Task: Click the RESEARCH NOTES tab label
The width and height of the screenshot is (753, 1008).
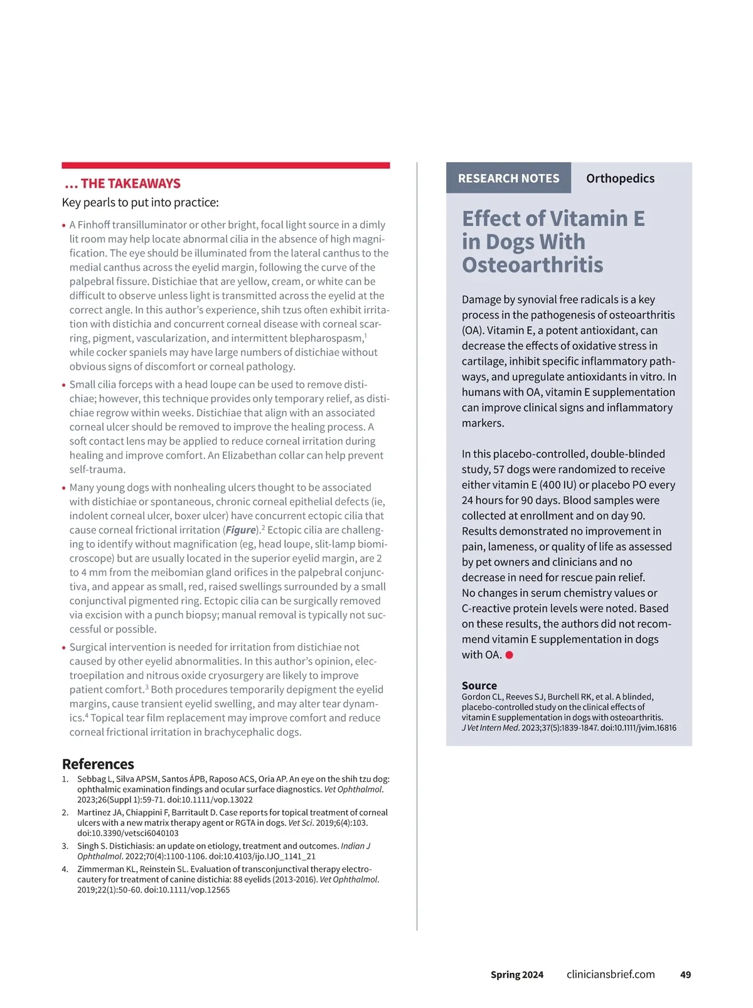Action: (508, 178)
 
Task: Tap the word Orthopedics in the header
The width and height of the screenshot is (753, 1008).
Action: (620, 178)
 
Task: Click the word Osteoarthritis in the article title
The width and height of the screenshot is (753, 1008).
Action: (532, 265)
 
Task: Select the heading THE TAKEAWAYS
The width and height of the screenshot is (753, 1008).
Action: (130, 183)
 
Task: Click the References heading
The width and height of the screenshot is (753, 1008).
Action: (98, 764)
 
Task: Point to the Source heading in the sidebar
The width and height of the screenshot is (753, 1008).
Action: (479, 685)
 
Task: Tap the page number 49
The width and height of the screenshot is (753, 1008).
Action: (685, 975)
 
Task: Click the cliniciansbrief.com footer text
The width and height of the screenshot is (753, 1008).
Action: (611, 974)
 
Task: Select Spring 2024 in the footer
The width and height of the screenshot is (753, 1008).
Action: (517, 975)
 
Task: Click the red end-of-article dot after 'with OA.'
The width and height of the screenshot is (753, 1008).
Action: (510, 655)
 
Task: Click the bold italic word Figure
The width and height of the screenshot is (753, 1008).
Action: (241, 530)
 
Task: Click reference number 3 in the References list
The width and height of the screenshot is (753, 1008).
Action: (65, 846)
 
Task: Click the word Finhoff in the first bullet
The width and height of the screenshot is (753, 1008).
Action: (93, 225)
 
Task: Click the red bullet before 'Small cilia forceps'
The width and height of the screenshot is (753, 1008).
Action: (64, 385)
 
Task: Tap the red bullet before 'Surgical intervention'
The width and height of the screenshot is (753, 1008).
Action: (64, 648)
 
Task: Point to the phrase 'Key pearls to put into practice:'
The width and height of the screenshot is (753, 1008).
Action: (140, 202)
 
